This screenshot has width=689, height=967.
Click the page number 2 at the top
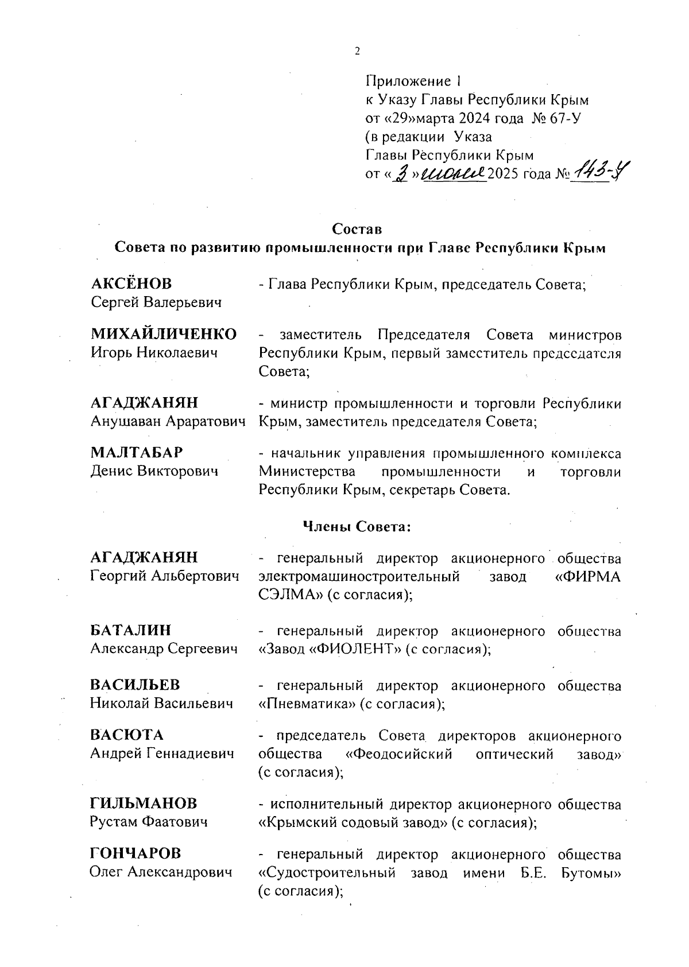pos(357,51)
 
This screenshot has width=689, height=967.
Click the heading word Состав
pos(357,229)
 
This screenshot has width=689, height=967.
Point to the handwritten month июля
pos(454,173)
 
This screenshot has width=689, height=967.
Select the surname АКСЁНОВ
pos(131,284)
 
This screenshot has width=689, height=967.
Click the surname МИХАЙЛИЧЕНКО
pos(164,334)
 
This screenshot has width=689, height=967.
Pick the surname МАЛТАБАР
pos(137,453)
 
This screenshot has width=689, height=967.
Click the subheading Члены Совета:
pos(357,526)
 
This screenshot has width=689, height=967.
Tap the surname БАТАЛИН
pos(131,630)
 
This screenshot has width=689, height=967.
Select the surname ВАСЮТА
pos(127,735)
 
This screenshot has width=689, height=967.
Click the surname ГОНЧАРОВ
pos(136,854)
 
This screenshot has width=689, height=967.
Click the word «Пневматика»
pos(307,704)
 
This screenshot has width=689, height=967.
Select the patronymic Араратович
pos(206,422)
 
